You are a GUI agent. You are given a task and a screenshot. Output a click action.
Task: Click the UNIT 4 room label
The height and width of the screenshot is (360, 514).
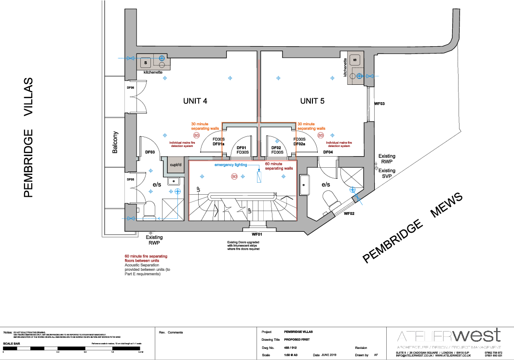point(195,101)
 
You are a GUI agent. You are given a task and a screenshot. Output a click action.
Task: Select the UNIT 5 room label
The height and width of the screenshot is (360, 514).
point(312,101)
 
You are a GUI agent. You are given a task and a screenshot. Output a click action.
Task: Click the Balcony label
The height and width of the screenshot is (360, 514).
point(115,143)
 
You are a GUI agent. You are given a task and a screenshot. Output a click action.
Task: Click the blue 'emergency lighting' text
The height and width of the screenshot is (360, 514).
point(231,165)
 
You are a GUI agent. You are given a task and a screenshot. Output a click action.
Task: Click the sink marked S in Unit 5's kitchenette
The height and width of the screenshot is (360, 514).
point(355,60)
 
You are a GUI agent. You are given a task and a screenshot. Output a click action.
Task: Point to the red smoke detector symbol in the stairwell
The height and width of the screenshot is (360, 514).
point(234,177)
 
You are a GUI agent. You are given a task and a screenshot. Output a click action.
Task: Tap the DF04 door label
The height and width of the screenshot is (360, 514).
point(328,152)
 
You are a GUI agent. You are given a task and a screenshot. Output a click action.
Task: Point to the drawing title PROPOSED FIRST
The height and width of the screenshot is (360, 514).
point(296,340)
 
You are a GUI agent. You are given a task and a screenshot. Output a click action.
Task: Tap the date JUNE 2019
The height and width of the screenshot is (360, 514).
point(330,355)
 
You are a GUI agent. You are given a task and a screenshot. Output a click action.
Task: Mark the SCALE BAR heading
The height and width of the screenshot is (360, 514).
point(12,344)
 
